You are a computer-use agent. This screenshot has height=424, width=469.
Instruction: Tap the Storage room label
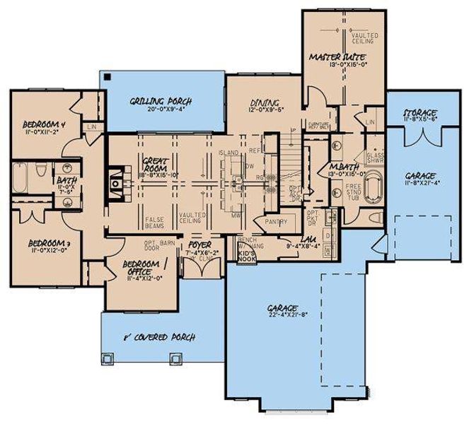[419, 113]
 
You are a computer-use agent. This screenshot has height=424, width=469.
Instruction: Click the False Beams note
[154, 222]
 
